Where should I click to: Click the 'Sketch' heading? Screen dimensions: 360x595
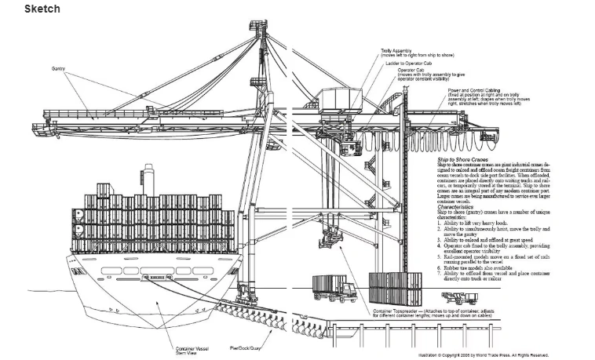coord(42,9)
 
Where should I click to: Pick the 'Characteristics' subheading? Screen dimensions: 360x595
coord(458,208)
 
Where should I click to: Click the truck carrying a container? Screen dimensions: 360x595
coord(333,288)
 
